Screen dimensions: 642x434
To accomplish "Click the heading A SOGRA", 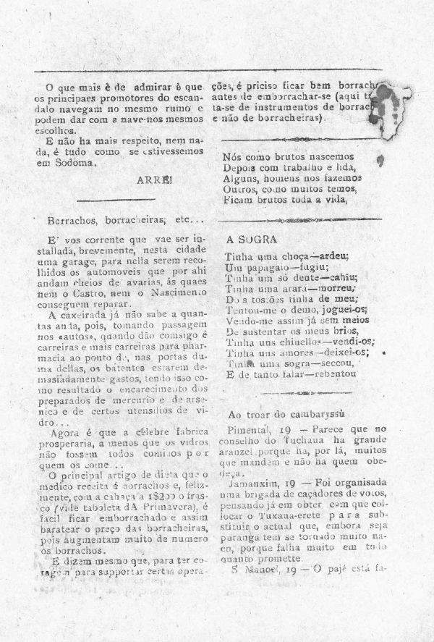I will tap(248, 238).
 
